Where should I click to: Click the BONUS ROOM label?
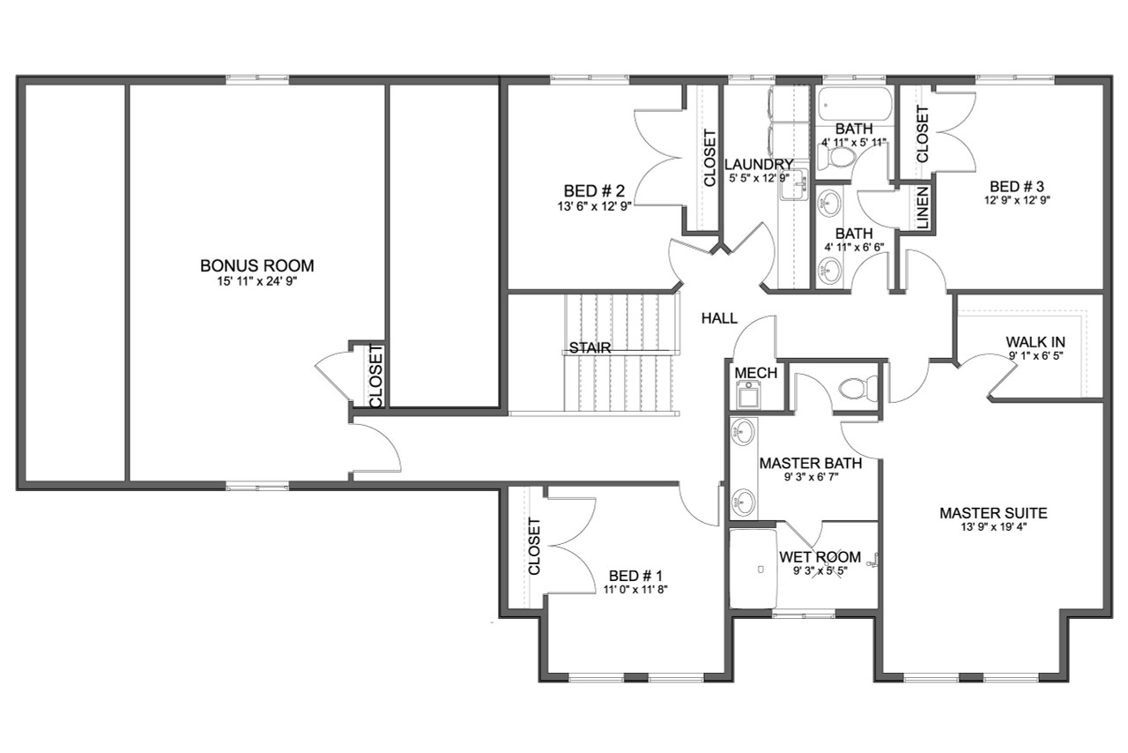click(256, 265)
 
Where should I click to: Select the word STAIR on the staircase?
click(590, 347)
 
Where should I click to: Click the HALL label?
click(719, 319)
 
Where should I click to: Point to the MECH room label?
click(755, 373)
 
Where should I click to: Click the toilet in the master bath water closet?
click(856, 387)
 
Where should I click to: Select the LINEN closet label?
click(922, 209)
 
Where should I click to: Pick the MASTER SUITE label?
click(992, 513)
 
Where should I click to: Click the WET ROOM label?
click(820, 557)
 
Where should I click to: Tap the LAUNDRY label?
click(759, 165)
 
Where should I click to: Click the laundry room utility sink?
click(795, 186)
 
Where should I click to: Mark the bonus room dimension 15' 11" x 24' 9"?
click(256, 281)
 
